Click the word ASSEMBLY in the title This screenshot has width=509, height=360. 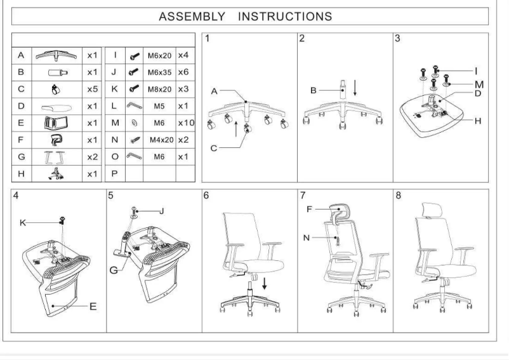click(x=192, y=17)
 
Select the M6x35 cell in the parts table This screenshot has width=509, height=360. click(x=159, y=72)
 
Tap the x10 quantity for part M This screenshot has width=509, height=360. click(x=186, y=123)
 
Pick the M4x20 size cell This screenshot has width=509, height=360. click(x=161, y=140)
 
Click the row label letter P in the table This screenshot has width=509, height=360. click(x=114, y=174)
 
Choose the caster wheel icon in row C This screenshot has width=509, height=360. click(x=56, y=90)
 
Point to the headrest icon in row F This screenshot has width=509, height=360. click(x=56, y=140)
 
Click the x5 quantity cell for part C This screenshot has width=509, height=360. click(x=92, y=90)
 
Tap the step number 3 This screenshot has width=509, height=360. click(x=397, y=38)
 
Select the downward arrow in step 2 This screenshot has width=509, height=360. click(x=355, y=88)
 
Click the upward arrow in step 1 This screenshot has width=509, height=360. click(x=236, y=129)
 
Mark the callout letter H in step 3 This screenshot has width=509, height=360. click(x=478, y=121)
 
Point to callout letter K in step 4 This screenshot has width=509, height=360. click(x=22, y=223)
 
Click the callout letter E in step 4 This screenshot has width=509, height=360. click(x=93, y=307)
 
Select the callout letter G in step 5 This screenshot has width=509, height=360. click(x=114, y=270)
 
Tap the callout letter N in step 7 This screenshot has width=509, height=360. click(x=306, y=238)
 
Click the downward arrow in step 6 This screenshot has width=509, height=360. click(x=265, y=283)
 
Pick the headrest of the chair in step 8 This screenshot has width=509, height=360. click(x=431, y=210)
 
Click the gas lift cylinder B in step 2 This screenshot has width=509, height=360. click(x=343, y=90)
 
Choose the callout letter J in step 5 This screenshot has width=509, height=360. click(x=162, y=211)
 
